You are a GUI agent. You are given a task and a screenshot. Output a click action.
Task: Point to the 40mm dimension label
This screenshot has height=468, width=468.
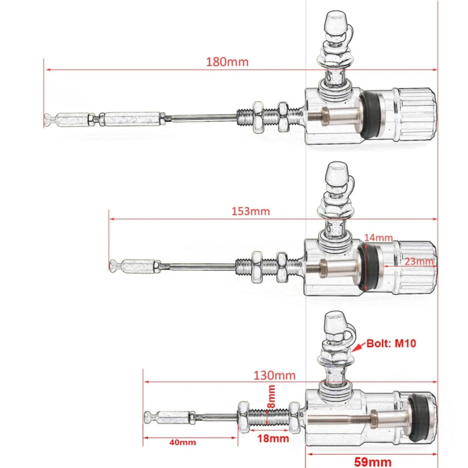click(183, 442)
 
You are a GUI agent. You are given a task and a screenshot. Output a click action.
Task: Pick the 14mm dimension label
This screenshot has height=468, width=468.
click(377, 238)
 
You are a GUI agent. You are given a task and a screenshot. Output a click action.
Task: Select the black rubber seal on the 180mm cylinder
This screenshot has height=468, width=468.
click(370, 115)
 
